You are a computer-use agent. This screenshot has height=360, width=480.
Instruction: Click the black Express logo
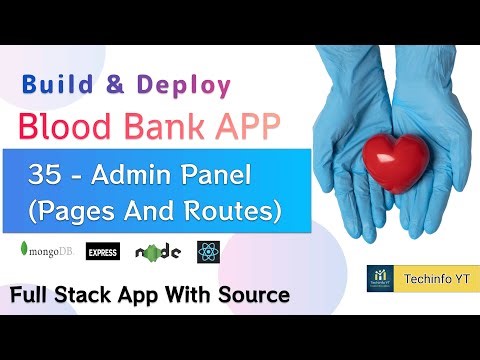tap(103, 251)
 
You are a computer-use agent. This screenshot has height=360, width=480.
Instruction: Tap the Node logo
tap(158, 251)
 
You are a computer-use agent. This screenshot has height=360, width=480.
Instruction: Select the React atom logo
tap(208, 251)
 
